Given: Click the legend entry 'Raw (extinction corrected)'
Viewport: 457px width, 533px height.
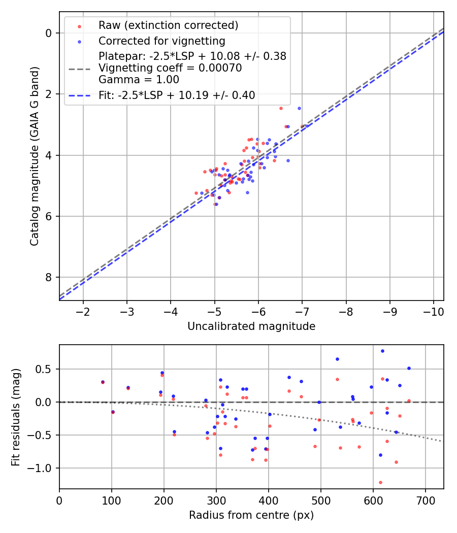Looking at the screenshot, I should pyautogui.click(x=168, y=25).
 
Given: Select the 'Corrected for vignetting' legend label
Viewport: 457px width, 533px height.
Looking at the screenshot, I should pyautogui.click(x=161, y=41).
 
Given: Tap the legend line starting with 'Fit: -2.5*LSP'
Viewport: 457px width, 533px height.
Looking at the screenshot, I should pyautogui.click(x=177, y=95).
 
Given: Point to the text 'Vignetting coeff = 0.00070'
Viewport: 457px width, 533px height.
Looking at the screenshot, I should pyautogui.click(x=170, y=68).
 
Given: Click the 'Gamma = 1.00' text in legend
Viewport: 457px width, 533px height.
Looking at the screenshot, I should pyautogui.click(x=139, y=79).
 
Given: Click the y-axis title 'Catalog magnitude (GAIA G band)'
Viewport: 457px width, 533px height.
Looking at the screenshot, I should pyautogui.click(x=34, y=156).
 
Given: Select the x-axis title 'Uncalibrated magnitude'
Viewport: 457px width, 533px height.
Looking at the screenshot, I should pyautogui.click(x=251, y=326).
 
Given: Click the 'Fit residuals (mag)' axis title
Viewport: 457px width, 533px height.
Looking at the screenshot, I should pyautogui.click(x=16, y=417).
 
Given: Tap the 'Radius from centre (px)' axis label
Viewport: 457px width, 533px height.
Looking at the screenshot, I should pyautogui.click(x=251, y=515).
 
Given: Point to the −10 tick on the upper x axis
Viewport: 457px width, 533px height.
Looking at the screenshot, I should pyautogui.click(x=433, y=310).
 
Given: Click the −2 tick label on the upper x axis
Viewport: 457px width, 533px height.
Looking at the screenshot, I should pyautogui.click(x=83, y=310).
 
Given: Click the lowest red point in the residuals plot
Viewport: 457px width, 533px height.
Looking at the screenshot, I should pyautogui.click(x=380, y=482).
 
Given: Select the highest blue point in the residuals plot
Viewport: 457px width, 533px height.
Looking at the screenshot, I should pyautogui.click(x=382, y=351).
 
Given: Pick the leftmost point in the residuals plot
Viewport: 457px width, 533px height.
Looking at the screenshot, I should pyautogui.click(x=103, y=382).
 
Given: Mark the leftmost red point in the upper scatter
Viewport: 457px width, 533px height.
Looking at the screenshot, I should pyautogui.click(x=196, y=193).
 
